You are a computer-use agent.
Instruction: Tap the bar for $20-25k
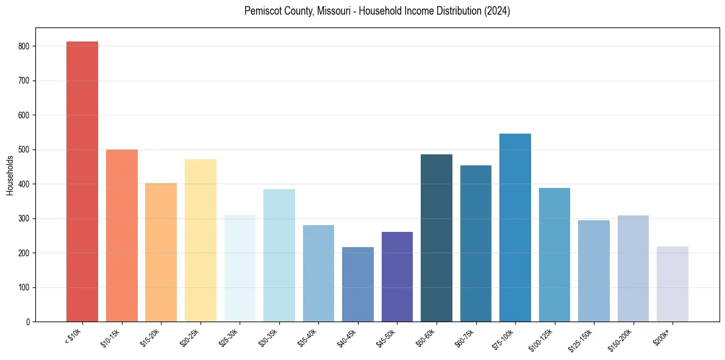pos(201,240)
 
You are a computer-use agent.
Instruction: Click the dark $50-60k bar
pos(437,238)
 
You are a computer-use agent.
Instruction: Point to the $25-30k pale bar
pos(240,268)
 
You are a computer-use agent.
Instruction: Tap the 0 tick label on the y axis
pos(29,322)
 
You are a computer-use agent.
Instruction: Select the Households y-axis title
pos(10,175)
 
